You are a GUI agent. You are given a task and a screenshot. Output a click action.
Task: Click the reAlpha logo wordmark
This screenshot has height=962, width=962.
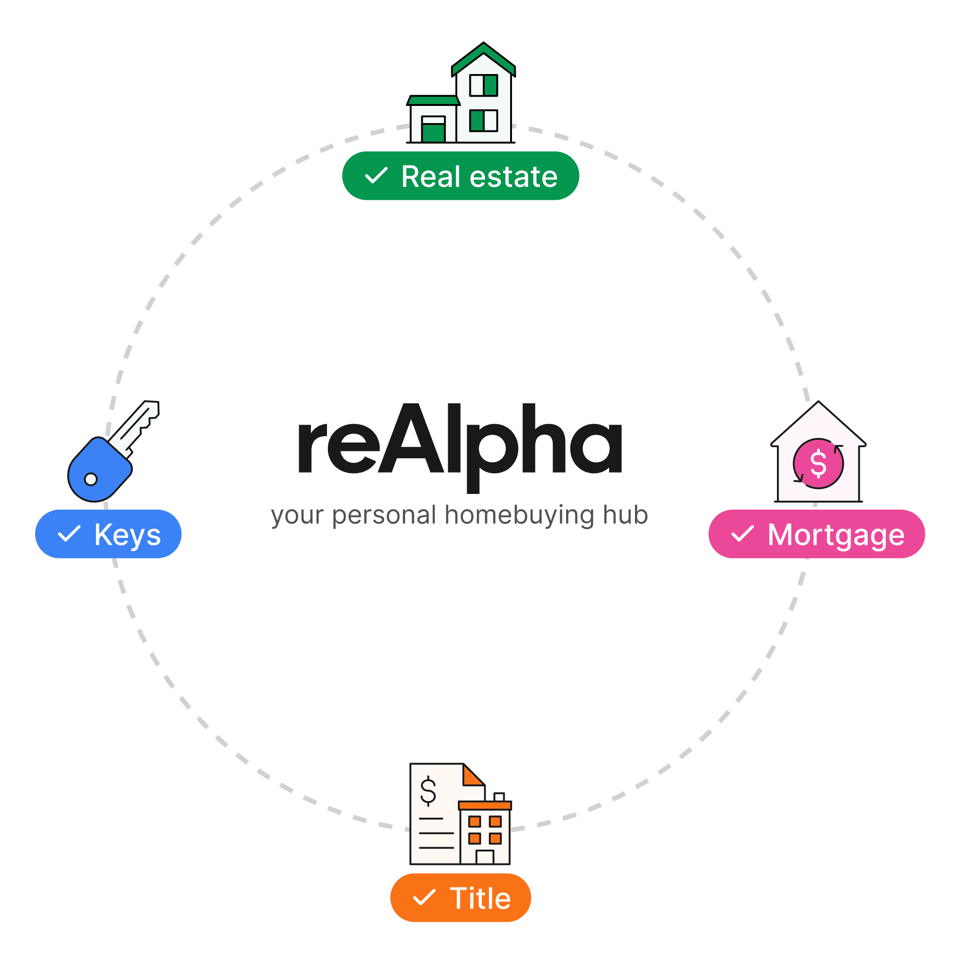pos(460,441)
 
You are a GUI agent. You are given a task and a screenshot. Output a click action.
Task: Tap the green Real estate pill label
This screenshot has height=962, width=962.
pos(461,176)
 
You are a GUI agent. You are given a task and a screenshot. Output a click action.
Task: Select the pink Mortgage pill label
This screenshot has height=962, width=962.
pos(817,534)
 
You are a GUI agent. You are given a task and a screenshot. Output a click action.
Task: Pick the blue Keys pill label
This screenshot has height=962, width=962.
pos(109,534)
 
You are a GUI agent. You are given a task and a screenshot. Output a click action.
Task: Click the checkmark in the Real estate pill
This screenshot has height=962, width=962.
pos(376,176)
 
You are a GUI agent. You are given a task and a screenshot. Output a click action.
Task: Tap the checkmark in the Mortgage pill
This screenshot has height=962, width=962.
pos(742,534)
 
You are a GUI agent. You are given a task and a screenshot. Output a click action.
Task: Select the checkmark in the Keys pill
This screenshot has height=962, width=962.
pos(69,534)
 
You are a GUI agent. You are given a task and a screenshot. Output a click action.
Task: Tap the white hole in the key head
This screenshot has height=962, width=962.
pos(91,479)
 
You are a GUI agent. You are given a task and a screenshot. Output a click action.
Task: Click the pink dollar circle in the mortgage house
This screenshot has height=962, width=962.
pos(819,463)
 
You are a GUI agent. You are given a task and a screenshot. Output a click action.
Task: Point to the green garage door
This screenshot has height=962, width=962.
pos(433,132)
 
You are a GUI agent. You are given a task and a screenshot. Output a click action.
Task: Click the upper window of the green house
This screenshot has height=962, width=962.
pos(483,85)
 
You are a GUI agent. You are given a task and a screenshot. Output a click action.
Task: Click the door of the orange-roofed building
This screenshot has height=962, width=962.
pos(485,857)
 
